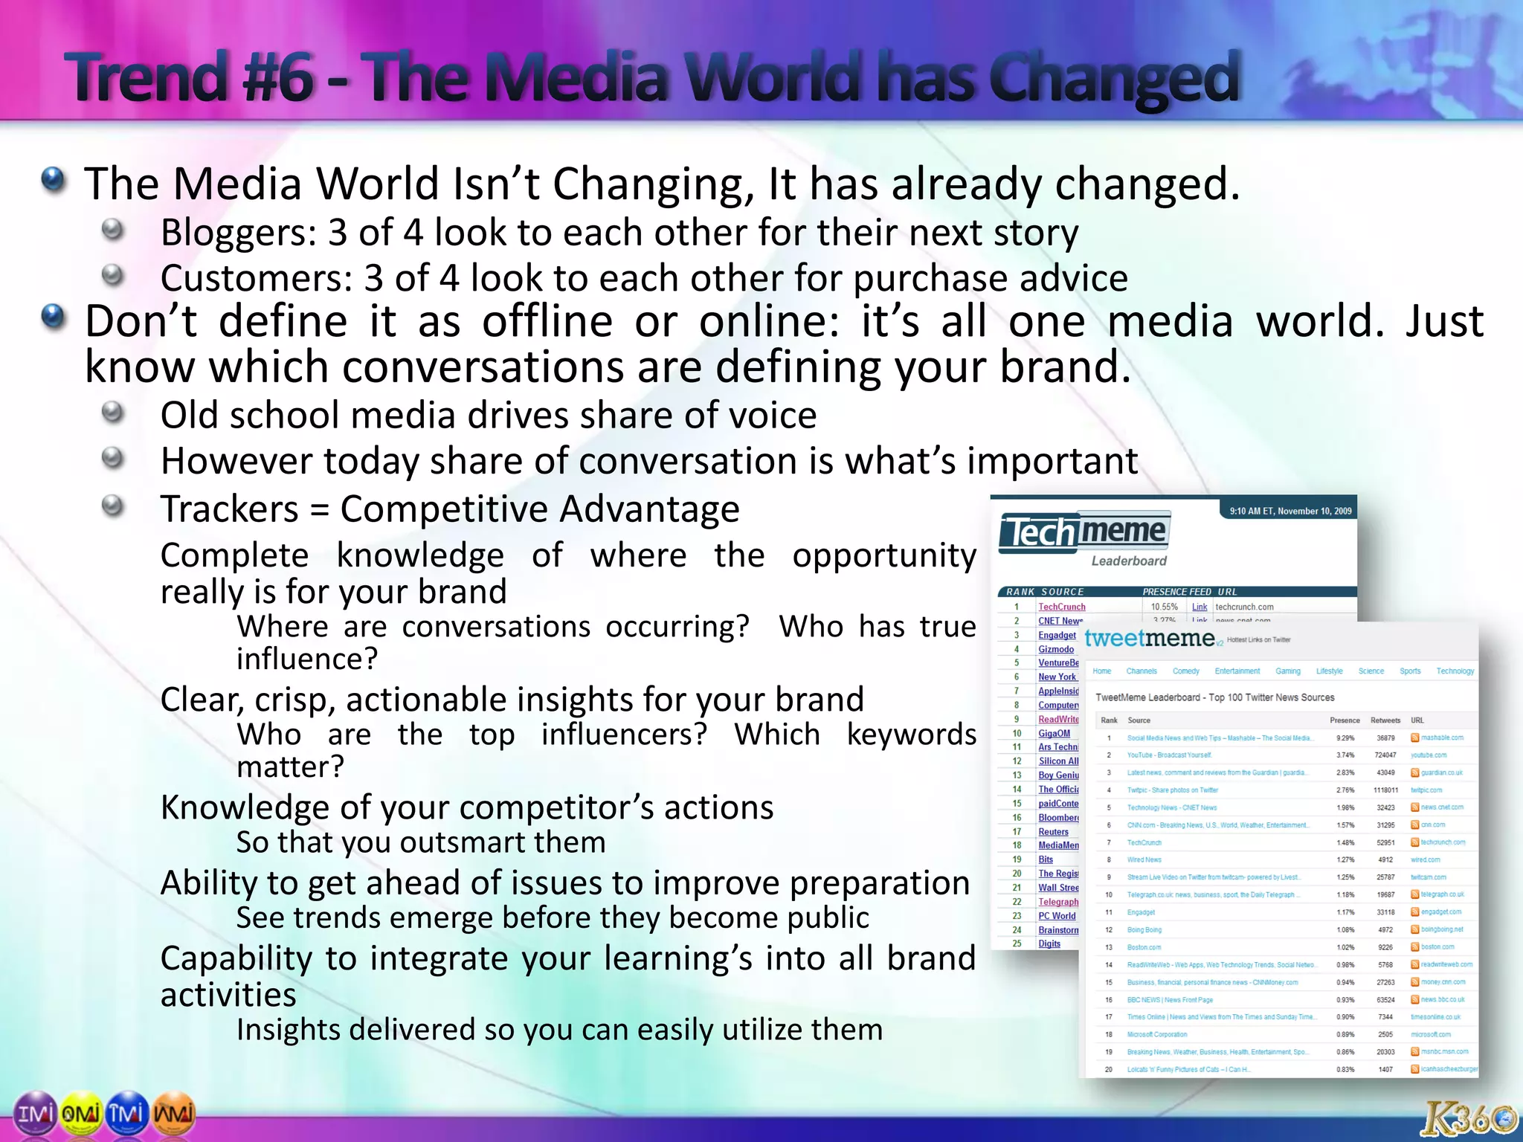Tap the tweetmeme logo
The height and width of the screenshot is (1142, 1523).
(x=1149, y=638)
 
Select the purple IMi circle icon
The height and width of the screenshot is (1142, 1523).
(x=35, y=1114)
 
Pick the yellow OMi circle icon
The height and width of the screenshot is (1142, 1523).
(x=82, y=1114)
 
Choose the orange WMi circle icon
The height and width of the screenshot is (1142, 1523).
(x=174, y=1114)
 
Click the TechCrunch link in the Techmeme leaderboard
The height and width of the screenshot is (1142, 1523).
(x=1061, y=607)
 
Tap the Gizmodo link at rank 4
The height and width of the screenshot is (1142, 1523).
(x=1056, y=649)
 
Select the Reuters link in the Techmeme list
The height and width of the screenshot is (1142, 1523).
(x=1053, y=832)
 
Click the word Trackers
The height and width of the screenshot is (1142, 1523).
(x=229, y=509)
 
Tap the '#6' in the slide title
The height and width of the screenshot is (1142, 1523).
(x=279, y=77)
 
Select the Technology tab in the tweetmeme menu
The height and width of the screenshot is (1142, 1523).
(x=1455, y=671)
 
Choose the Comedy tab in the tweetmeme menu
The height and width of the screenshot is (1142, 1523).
(x=1185, y=671)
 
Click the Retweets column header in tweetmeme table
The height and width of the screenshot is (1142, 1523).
(x=1385, y=720)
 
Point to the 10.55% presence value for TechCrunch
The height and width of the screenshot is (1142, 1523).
(x=1164, y=607)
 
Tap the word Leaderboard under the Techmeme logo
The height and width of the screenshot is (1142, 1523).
(x=1129, y=561)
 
